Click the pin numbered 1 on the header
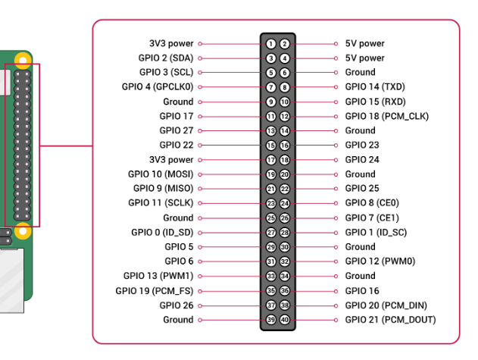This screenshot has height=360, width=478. [270, 44]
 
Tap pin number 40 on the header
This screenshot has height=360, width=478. [285, 320]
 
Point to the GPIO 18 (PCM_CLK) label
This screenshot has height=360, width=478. [386, 117]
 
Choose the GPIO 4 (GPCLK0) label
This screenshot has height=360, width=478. [157, 87]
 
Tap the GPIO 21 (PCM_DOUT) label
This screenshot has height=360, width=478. [390, 320]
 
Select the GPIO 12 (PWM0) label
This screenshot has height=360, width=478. [380, 261]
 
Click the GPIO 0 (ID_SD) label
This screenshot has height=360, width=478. [162, 233]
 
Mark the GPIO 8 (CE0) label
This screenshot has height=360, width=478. [372, 203]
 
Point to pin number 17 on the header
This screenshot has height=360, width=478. [270, 160]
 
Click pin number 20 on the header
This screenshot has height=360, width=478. [285, 174]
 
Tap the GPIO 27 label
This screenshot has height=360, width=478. [177, 131]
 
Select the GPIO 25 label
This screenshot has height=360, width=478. [362, 189]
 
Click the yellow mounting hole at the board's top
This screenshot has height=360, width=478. [23, 58]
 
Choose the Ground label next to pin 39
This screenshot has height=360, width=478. [178, 320]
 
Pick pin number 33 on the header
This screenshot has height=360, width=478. [270, 276]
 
